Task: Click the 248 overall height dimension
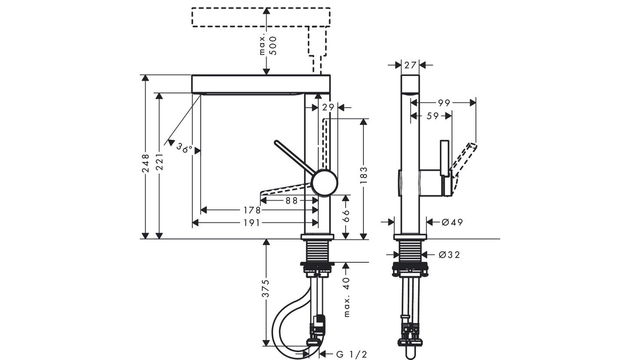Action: pos(146,163)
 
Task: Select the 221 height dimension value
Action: pos(159,163)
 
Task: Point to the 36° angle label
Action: pos(184,148)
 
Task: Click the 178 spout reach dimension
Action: pos(252,210)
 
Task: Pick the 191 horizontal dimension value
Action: pos(252,223)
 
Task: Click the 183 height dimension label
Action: pos(364,175)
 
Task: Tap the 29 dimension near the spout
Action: pos(327,107)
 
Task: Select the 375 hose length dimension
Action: pos(266,288)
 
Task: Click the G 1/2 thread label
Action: pos(352,355)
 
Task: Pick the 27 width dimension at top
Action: pos(410,65)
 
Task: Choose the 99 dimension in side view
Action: pos(443,103)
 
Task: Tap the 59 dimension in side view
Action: pos(432,116)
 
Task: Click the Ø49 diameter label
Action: pos(452,222)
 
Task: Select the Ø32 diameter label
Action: pos(449,254)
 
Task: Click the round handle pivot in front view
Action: pos(325,182)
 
